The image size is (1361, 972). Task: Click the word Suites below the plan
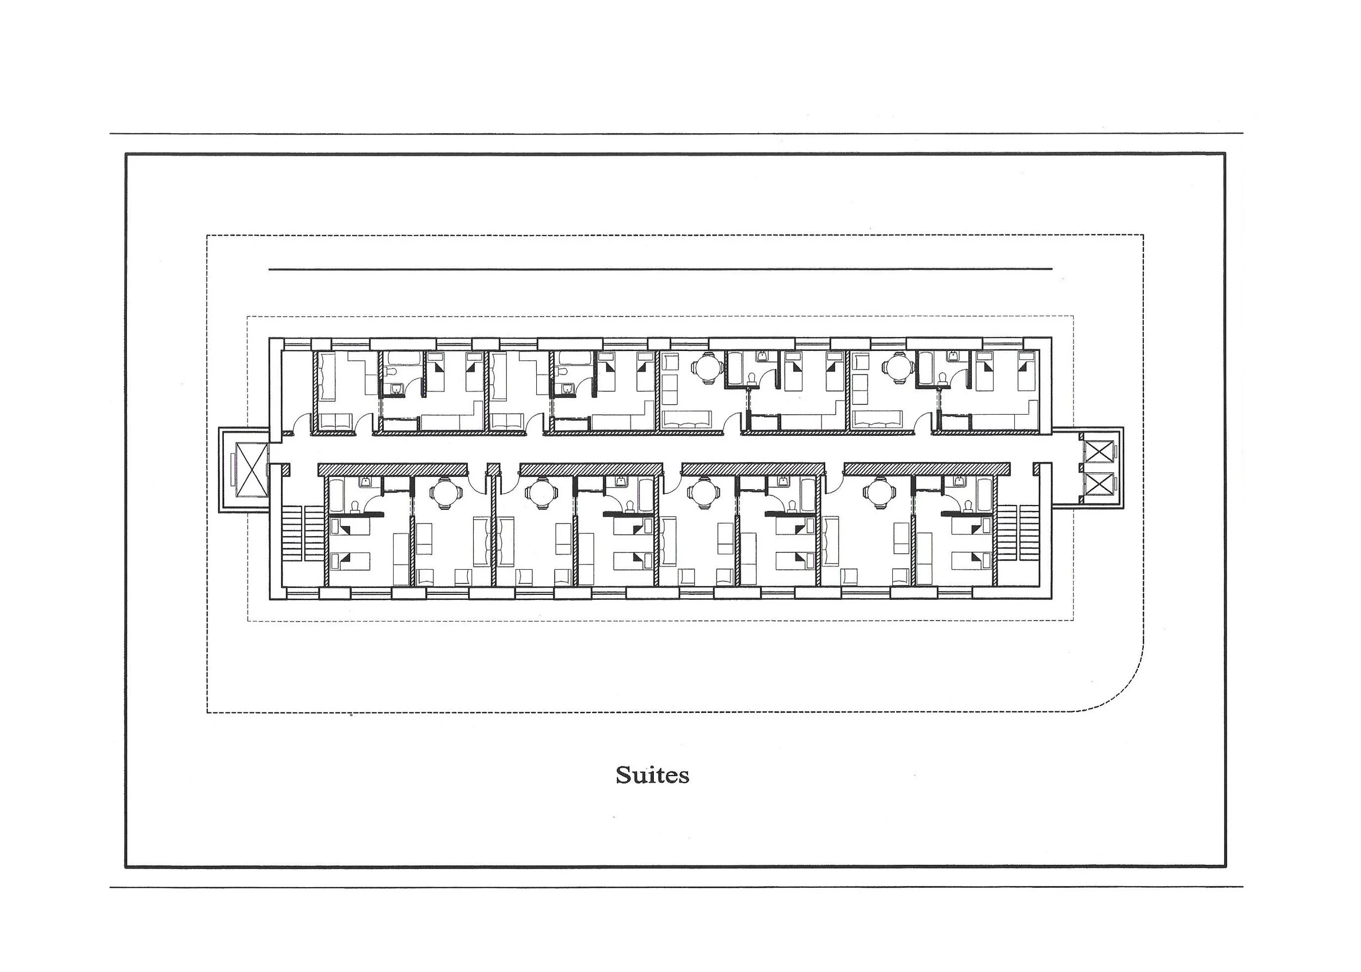click(x=652, y=775)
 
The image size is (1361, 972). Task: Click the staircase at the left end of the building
click(x=305, y=533)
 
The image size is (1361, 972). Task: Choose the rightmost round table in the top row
click(x=898, y=367)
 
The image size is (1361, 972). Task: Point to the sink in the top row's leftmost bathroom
click(x=395, y=390)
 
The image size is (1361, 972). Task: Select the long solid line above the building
click(x=660, y=269)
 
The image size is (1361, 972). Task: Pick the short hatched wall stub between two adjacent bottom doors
click(x=493, y=468)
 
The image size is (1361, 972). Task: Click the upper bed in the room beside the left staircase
click(x=350, y=527)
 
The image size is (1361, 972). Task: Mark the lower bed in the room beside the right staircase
click(x=972, y=560)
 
